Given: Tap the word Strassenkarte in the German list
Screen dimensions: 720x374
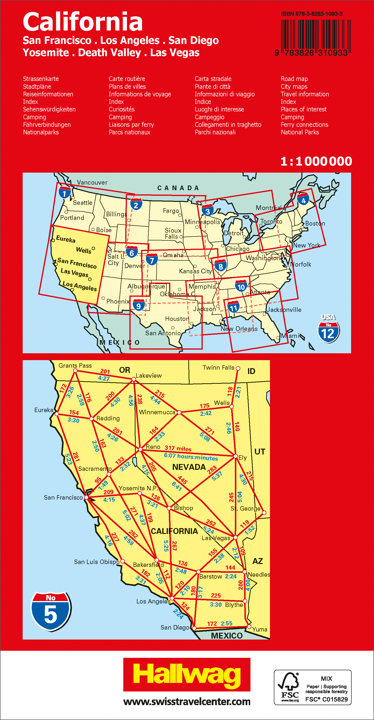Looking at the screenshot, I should click(41, 79).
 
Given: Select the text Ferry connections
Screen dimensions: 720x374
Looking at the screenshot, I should click(305, 125).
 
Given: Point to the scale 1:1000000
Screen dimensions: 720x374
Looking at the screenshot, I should click(316, 161).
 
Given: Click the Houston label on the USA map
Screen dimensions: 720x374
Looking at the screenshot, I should click(177, 319).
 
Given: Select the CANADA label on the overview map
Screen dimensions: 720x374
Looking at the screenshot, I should click(178, 188).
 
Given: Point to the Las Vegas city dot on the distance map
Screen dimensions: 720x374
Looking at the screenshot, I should click(235, 537).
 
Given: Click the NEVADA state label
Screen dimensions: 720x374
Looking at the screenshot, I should click(189, 467).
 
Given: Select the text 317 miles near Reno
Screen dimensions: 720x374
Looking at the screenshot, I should click(178, 448).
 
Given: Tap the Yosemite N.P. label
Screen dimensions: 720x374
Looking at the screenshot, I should click(138, 488).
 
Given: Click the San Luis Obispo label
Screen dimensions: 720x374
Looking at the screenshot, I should click(97, 562).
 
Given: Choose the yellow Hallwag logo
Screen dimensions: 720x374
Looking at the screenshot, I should click(187, 674).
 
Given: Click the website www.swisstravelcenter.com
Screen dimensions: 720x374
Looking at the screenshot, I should click(187, 701).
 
